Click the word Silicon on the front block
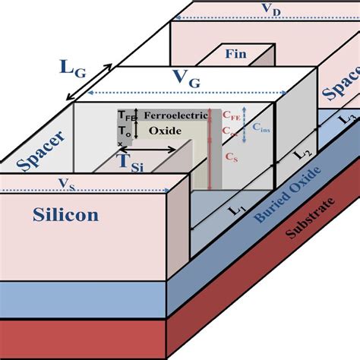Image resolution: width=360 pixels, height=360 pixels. [x=65, y=215]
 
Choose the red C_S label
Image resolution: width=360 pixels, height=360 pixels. [x=229, y=156]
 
